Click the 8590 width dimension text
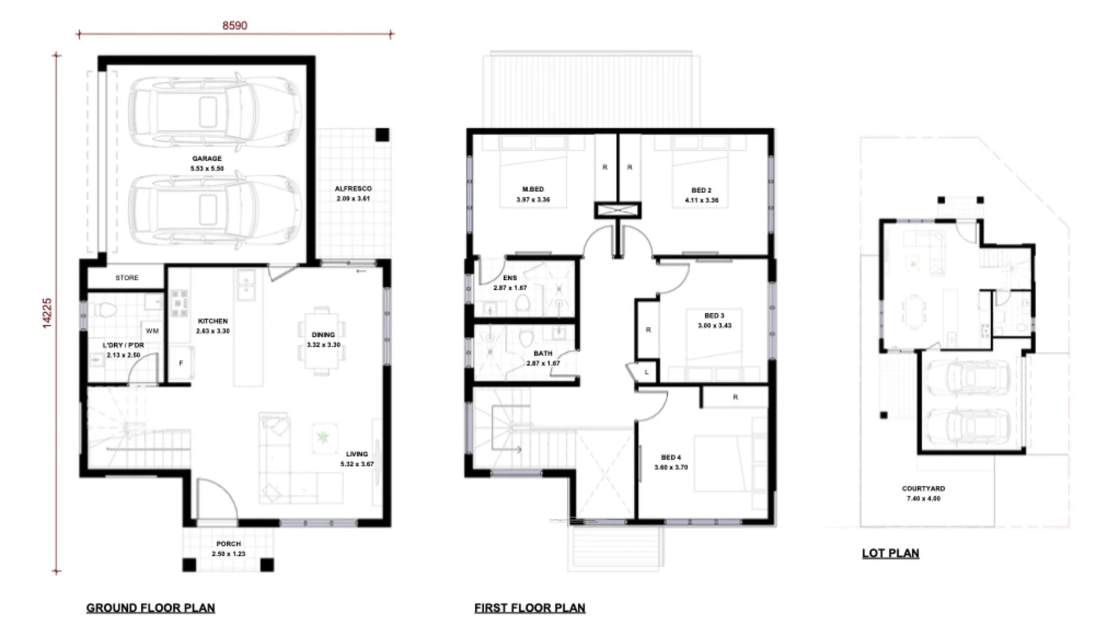click(x=234, y=25)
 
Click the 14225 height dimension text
click(x=47, y=313)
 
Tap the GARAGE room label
click(x=207, y=158)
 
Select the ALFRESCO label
click(x=353, y=189)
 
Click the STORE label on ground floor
click(x=127, y=277)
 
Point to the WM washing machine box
click(x=152, y=331)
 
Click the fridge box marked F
click(x=181, y=363)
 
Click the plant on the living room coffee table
click(x=323, y=437)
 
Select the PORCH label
click(x=228, y=544)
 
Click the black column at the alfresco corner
click(x=382, y=135)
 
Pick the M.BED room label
click(x=533, y=190)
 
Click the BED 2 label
click(x=701, y=190)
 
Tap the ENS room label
click(x=509, y=278)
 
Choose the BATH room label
click(x=542, y=354)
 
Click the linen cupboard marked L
click(x=646, y=372)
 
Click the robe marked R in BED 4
click(x=735, y=397)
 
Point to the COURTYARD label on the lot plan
click(x=923, y=489)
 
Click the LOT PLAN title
click(x=890, y=553)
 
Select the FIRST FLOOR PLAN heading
click(x=529, y=608)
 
